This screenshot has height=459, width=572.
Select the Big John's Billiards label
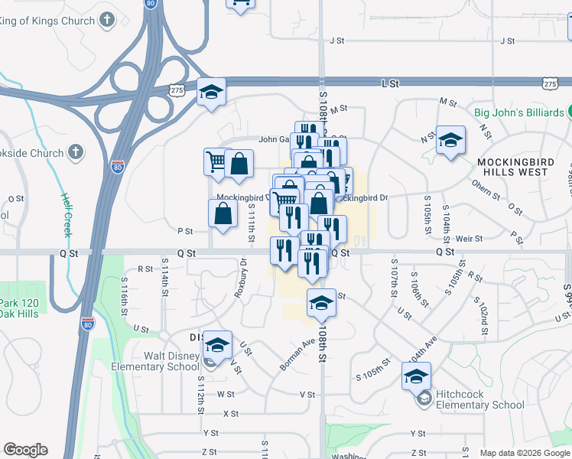point(519,112)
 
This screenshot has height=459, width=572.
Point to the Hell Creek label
point(67,213)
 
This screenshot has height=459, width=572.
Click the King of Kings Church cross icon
point(108,20)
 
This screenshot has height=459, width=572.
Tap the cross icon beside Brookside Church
point(75,153)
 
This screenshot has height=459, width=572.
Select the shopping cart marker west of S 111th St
point(217,162)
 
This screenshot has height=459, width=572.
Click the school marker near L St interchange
point(211,93)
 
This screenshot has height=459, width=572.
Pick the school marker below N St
point(450,140)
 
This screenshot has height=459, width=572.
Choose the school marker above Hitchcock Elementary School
point(416,376)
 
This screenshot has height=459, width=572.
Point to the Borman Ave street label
point(297,356)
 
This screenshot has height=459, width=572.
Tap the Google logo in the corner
point(25,450)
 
